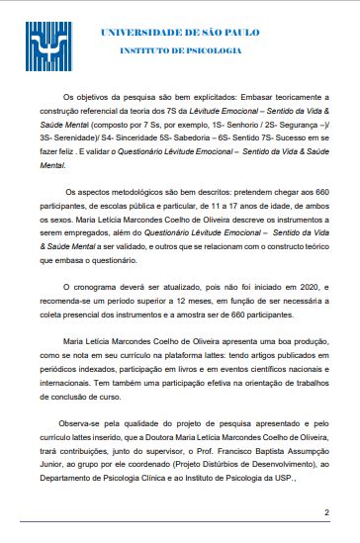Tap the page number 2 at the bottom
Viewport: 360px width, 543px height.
click(326, 512)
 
